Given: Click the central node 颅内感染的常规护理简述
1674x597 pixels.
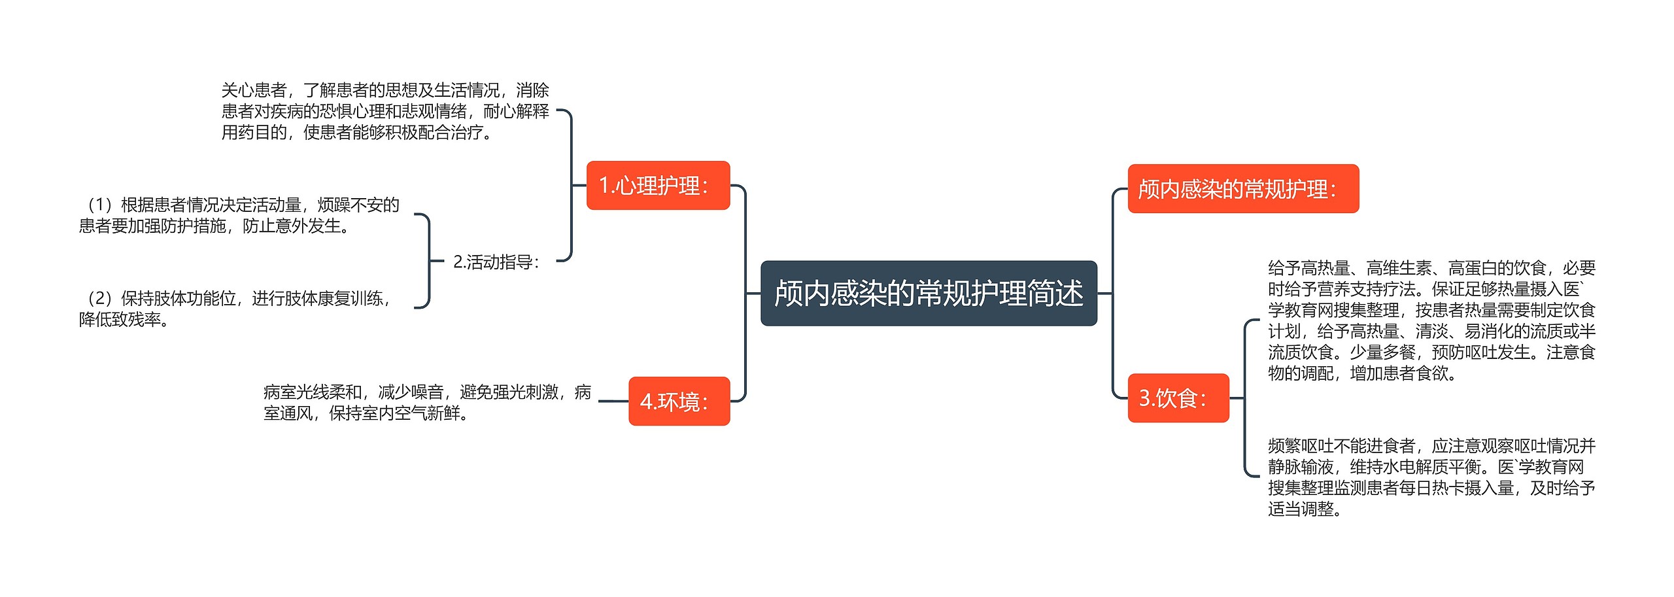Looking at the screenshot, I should click(x=929, y=294).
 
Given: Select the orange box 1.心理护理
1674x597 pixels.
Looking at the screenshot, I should click(x=658, y=186).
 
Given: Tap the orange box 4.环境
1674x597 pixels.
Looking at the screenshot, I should click(x=679, y=401).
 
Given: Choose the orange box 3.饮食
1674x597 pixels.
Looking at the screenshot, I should click(x=1178, y=398).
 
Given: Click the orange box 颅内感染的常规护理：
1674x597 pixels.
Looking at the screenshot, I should click(x=1242, y=189).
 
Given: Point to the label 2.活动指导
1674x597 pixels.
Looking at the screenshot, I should click(x=496, y=262).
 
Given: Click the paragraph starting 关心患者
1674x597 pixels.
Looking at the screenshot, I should click(x=385, y=111).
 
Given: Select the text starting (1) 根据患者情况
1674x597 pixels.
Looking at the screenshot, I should click(x=239, y=215).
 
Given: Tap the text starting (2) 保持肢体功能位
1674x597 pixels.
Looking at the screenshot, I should click(x=235, y=309).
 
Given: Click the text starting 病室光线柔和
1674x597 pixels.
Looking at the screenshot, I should click(x=427, y=402).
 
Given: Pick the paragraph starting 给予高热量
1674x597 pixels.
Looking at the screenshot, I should click(x=1431, y=320).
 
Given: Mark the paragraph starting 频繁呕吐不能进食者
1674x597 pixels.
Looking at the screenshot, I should click(x=1431, y=477).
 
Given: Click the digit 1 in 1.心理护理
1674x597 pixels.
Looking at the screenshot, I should click(x=604, y=186).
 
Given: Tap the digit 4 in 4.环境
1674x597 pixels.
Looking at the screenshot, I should click(x=645, y=401).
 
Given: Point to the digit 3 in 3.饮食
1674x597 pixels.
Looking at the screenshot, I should click(x=1145, y=398).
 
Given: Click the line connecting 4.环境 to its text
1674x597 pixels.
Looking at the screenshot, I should click(x=613, y=401).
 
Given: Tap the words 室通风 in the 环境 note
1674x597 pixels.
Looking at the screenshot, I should click(x=288, y=413).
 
